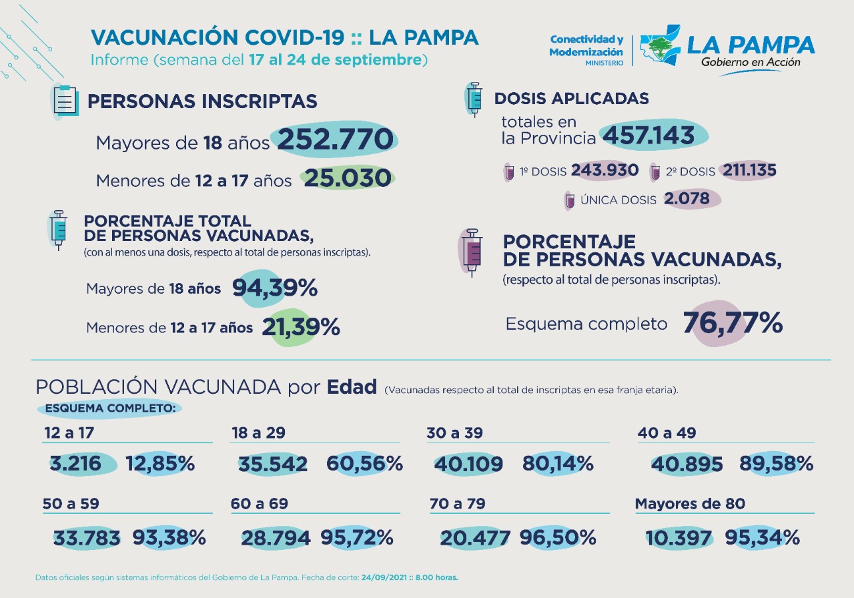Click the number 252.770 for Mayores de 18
335,140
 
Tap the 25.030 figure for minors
347,178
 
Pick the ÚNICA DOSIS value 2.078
691,199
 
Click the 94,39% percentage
274,288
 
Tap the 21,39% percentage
300,327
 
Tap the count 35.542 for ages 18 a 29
273,464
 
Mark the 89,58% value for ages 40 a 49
776,463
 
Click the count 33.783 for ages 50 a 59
87,537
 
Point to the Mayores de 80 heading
690,504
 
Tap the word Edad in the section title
352,387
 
